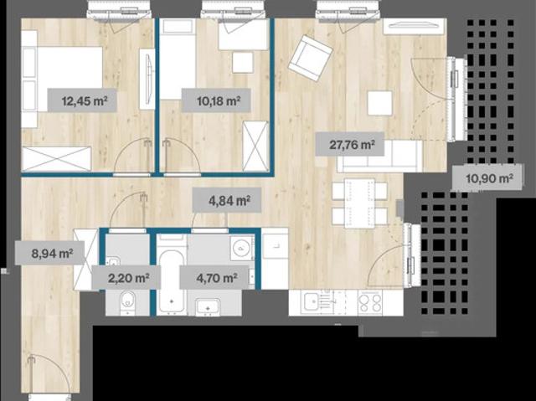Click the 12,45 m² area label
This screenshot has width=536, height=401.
click(82, 100)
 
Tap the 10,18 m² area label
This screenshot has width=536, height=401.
click(216, 100)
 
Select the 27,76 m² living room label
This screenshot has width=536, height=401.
click(350, 144)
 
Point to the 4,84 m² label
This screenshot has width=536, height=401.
click(227, 200)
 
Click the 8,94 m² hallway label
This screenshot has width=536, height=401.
click(50, 253)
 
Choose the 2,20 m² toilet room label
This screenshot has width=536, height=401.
click(126, 277)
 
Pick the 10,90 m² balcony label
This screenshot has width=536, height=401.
click(487, 177)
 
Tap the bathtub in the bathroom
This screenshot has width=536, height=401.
click(172, 281)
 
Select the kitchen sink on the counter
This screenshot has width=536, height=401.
click(312, 302)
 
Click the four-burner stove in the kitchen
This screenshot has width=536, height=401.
click(370, 302)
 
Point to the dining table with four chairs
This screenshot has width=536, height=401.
click(359, 203)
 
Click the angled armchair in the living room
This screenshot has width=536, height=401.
click(310, 58)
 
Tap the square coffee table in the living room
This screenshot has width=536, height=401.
click(379, 103)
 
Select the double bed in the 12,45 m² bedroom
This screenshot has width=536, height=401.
click(62, 80)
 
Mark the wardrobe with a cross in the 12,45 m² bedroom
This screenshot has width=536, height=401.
click(57, 158)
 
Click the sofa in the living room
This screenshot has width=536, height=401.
click(380, 156)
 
